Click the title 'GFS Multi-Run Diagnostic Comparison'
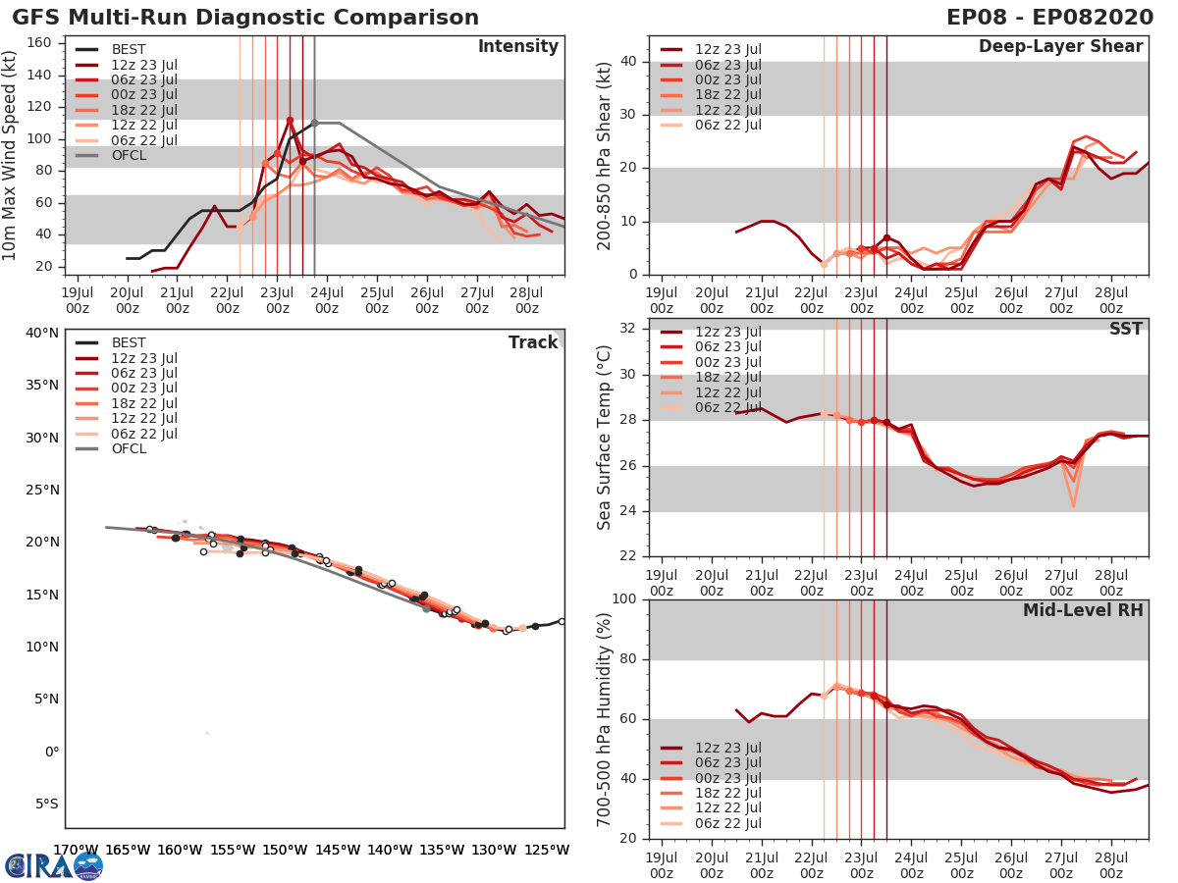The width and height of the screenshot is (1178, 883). pyautogui.click(x=245, y=18)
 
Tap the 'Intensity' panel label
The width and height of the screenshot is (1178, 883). pyautogui.click(x=518, y=47)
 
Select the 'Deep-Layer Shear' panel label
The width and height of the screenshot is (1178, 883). pyautogui.click(x=1060, y=47)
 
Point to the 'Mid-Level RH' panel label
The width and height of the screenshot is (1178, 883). pyautogui.click(x=1083, y=610)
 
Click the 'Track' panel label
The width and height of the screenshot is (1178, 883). pyautogui.click(x=533, y=342)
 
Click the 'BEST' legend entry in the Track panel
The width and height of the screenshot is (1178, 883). pyautogui.click(x=130, y=342)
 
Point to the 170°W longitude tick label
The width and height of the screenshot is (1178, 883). pyautogui.click(x=75, y=850)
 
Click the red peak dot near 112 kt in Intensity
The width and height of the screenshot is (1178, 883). pyautogui.click(x=290, y=120)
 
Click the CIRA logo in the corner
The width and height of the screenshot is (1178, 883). pyautogui.click(x=53, y=865)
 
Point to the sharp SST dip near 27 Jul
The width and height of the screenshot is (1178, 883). pyautogui.click(x=1074, y=505)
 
